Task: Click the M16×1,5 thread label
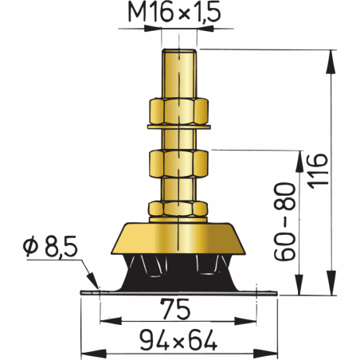pos(178,14)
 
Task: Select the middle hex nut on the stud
pos(179,166)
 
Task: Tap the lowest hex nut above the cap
pos(179,209)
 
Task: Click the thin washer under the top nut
pos(179,126)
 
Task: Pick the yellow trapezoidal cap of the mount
pos(179,239)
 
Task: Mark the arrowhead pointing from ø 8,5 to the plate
pos(96,287)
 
